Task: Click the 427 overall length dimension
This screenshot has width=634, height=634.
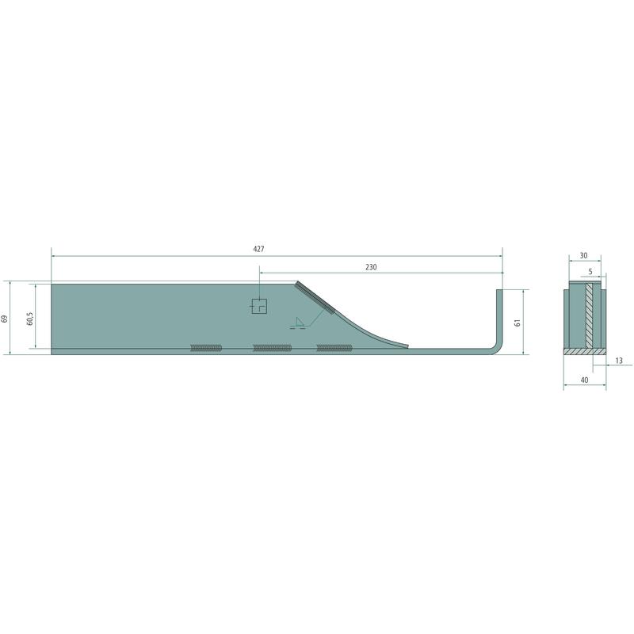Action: click(258, 249)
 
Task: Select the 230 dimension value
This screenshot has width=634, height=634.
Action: click(371, 267)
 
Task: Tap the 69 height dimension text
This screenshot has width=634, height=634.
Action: click(5, 319)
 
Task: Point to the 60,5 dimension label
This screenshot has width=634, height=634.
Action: click(30, 319)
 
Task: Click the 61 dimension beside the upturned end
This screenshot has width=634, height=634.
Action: click(518, 323)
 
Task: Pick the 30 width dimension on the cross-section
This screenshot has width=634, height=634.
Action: click(583, 255)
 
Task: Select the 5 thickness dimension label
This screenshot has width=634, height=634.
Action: click(590, 272)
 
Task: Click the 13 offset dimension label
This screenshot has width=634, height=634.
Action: click(619, 361)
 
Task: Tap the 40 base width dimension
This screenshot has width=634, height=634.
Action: click(584, 380)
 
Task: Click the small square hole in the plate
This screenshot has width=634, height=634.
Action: click(259, 306)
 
